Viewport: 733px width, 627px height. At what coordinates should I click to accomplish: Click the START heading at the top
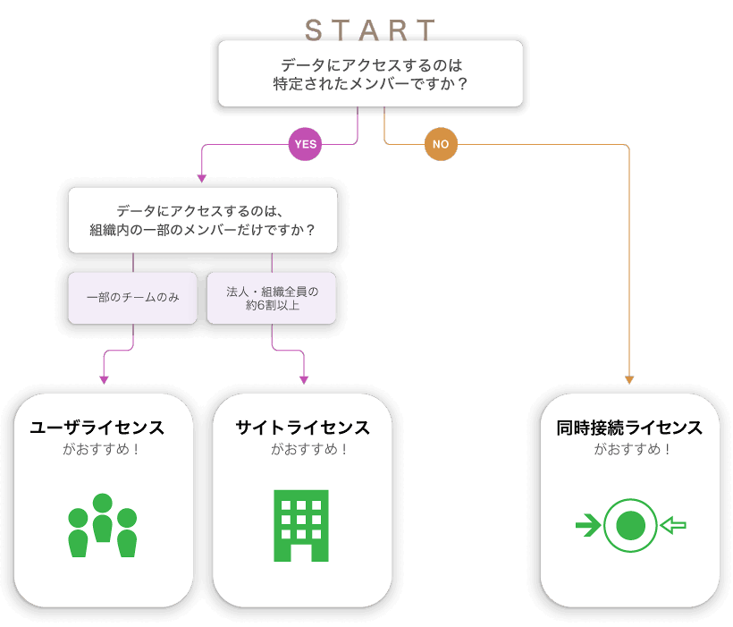[x=370, y=30]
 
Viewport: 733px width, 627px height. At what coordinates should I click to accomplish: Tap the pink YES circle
[x=305, y=144]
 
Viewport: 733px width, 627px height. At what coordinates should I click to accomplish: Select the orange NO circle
[x=441, y=144]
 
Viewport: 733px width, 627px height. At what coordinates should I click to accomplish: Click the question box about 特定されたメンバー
[x=370, y=74]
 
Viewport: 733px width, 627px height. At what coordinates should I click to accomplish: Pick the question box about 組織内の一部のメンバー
[x=203, y=220]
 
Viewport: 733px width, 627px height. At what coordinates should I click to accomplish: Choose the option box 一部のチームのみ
[x=133, y=297]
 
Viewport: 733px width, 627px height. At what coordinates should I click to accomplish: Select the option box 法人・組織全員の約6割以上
[x=271, y=297]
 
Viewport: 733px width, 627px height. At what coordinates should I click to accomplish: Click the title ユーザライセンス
[x=97, y=428]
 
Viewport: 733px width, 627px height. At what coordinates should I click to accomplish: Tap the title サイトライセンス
[x=302, y=428]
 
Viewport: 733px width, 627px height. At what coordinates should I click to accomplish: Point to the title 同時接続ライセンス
[x=629, y=428]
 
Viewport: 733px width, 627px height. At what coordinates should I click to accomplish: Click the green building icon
[x=301, y=525]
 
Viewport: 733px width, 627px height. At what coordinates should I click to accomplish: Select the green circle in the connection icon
[x=630, y=526]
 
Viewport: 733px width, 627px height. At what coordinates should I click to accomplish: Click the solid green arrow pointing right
[x=587, y=526]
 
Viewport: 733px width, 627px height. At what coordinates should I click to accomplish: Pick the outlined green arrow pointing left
[x=672, y=526]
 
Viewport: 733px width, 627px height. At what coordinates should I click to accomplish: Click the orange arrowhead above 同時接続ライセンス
[x=629, y=380]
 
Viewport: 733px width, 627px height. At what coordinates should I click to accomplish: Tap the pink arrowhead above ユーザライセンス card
[x=104, y=380]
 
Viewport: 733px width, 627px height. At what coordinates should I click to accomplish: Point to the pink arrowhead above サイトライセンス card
[x=304, y=380]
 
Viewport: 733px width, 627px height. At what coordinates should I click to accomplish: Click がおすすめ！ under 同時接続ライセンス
[x=629, y=450]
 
